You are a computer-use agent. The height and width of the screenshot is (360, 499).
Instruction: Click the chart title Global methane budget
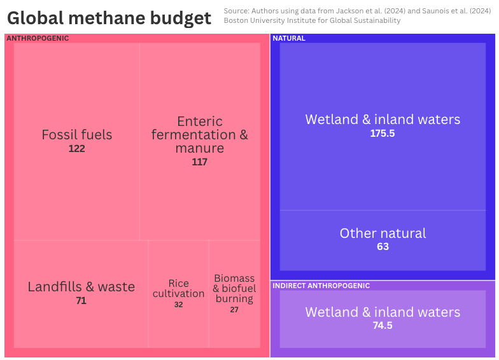pos(109,18)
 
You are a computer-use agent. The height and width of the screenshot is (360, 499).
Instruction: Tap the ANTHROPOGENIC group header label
pos(38,38)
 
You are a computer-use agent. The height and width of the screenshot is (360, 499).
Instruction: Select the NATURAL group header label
pos(289,38)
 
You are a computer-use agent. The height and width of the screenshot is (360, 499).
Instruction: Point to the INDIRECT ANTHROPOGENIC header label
pos(321,286)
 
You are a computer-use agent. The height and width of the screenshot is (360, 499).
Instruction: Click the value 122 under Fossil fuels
pos(77,149)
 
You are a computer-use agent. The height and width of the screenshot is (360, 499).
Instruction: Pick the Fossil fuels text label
pos(77,135)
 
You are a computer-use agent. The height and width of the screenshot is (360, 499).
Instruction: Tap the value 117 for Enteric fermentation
pos(200,162)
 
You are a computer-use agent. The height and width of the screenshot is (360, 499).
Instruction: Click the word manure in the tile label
pos(200,148)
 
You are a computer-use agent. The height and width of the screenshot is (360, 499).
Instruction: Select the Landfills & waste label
pos(81,287)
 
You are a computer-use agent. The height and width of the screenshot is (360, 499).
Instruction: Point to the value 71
pos(81,301)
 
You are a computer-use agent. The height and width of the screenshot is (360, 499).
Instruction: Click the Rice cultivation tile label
pos(179,289)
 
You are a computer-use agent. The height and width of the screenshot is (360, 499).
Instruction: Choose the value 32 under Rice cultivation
pos(179,305)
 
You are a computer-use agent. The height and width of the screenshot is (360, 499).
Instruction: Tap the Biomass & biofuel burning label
pos(234,289)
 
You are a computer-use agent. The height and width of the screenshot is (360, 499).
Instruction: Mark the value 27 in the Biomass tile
pos(234,310)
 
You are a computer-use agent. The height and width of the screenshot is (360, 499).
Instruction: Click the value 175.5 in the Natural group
pos(383,134)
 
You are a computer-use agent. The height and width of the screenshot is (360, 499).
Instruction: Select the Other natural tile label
pos(383,233)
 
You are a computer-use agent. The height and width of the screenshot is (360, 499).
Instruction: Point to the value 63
pos(383,247)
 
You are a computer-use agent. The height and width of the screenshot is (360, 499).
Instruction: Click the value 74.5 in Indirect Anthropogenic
pos(383,326)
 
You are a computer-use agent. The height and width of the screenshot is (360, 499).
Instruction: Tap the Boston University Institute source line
pos(312,21)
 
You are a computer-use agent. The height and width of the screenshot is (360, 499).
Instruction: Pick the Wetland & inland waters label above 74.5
pos(383,312)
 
